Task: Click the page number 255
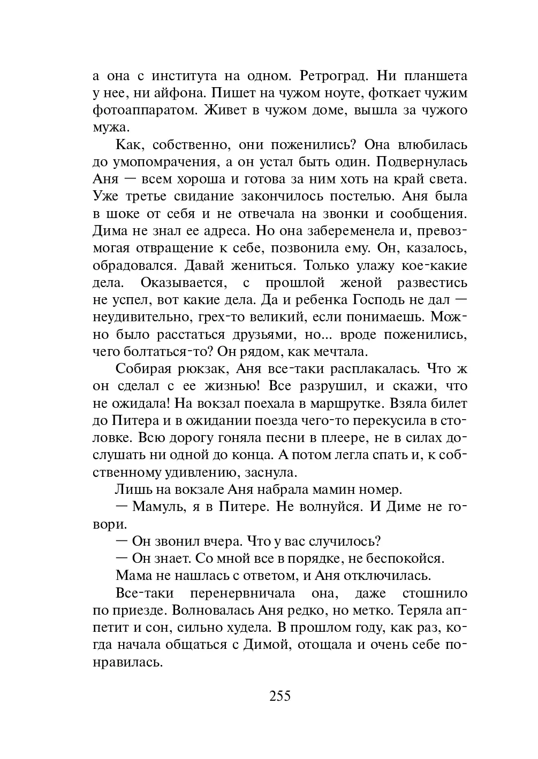coord(280,697)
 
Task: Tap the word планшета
coord(434,76)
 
